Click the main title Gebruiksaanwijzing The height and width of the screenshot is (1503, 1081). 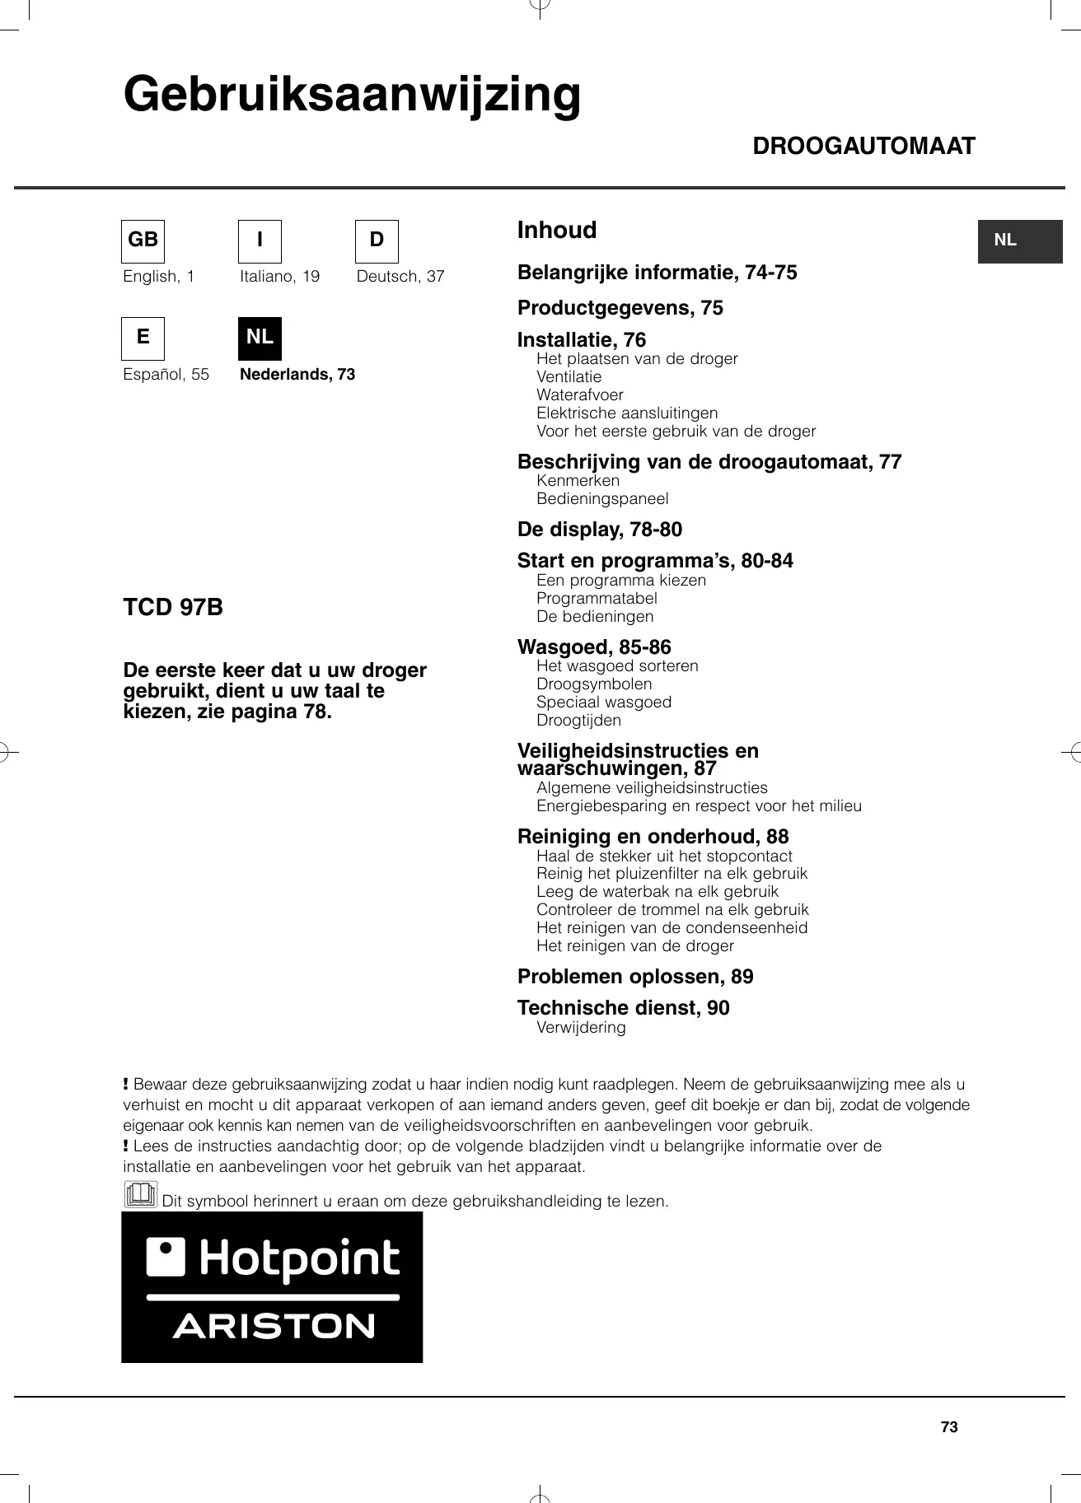click(x=352, y=95)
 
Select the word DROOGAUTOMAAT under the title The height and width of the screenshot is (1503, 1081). click(x=863, y=147)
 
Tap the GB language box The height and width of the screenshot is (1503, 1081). click(x=143, y=240)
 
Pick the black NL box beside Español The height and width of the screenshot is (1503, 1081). click(x=260, y=338)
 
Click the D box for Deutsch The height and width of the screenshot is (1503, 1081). click(x=377, y=240)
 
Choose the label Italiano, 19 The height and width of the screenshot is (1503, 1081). click(x=279, y=277)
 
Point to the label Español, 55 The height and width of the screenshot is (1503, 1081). click(x=166, y=375)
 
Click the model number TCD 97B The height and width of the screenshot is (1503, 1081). click(x=173, y=608)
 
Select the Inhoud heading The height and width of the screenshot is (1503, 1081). click(x=556, y=231)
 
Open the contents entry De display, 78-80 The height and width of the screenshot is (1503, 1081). click(x=599, y=530)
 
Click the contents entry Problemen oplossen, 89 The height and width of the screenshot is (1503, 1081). click(x=634, y=977)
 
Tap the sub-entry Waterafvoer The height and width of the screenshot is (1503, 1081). click(x=579, y=395)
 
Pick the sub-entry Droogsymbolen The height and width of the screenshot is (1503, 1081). click(x=593, y=684)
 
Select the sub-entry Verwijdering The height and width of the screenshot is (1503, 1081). click(x=581, y=1028)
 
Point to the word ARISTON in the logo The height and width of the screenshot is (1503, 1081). click(x=274, y=1327)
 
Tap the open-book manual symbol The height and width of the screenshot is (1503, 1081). click(x=140, y=1194)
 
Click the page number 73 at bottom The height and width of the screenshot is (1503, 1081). click(x=949, y=1427)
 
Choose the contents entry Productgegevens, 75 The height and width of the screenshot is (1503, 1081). click(x=620, y=308)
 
